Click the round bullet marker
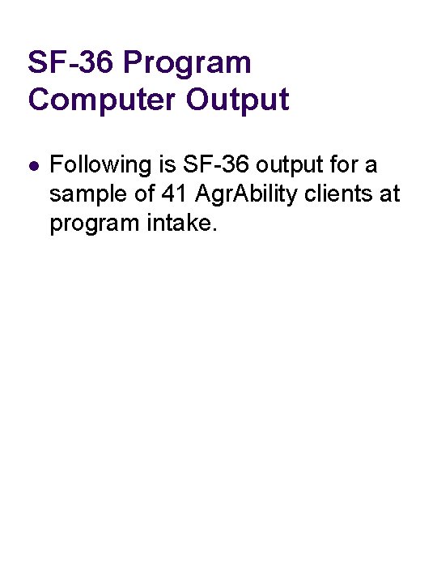pyautogui.click(x=32, y=166)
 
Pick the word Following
pyautogui.click(x=100, y=166)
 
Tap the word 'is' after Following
pyautogui.click(x=168, y=166)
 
